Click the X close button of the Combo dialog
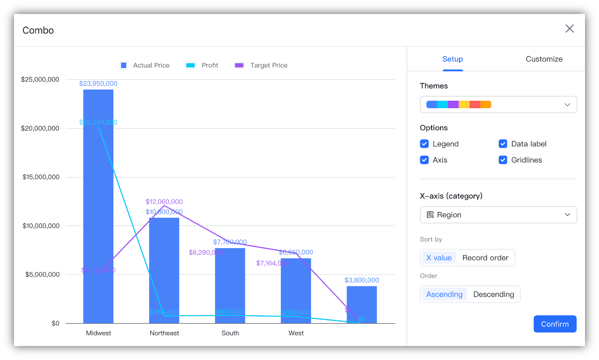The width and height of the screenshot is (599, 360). pyautogui.click(x=569, y=29)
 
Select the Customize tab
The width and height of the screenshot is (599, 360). pyautogui.click(x=544, y=59)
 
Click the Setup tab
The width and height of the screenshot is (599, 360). pyautogui.click(x=453, y=59)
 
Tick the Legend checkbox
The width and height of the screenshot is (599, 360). pyautogui.click(x=425, y=144)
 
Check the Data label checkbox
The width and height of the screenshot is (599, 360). pyautogui.click(x=503, y=144)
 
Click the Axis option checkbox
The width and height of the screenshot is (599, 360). pyautogui.click(x=425, y=160)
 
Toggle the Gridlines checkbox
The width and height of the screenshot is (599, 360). pyautogui.click(x=503, y=160)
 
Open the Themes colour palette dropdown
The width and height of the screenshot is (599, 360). pyautogui.click(x=498, y=104)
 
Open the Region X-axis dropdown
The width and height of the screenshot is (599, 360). pyautogui.click(x=498, y=215)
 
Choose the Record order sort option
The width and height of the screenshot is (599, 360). pyautogui.click(x=485, y=258)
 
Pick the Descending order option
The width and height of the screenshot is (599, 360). pyautogui.click(x=494, y=294)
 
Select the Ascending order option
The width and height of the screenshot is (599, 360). pyautogui.click(x=444, y=294)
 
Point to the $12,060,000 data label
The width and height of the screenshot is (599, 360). pyautogui.click(x=164, y=202)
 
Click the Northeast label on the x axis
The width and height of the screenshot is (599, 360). pyautogui.click(x=164, y=333)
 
